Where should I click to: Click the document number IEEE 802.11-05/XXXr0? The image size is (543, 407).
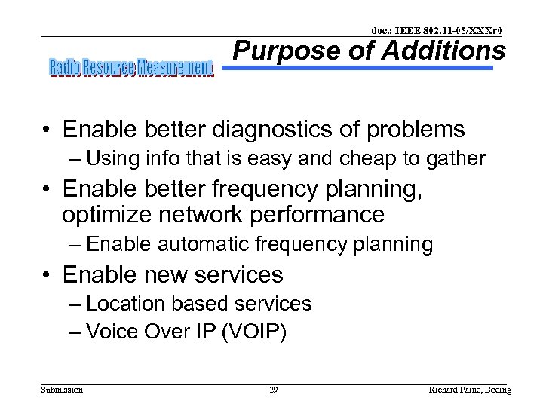click(437, 30)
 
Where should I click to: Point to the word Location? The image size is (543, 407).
click(125, 304)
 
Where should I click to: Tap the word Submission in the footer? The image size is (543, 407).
click(62, 390)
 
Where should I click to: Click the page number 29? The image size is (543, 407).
click(273, 390)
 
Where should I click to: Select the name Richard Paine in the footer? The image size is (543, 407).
click(452, 390)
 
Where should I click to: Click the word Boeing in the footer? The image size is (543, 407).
click(496, 390)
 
